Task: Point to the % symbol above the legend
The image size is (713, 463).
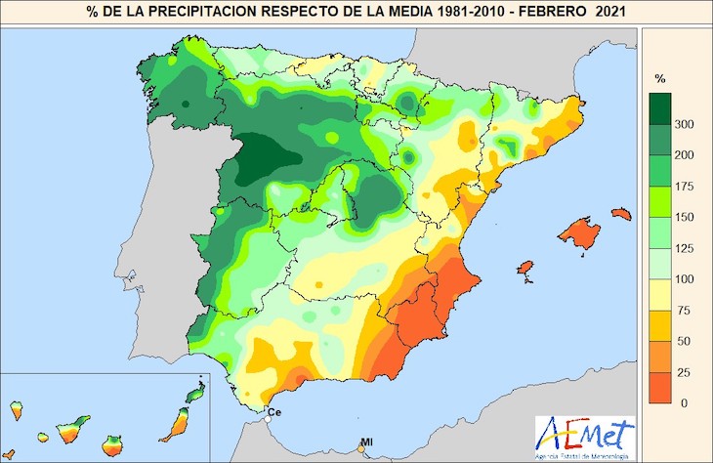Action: click(x=660, y=77)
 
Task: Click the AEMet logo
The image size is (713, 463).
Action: click(x=584, y=431)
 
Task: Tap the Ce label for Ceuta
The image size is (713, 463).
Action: click(x=274, y=413)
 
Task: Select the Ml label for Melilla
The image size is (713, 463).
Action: click(x=366, y=443)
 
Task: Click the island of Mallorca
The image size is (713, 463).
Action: click(x=580, y=233)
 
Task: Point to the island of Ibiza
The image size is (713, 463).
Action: click(x=526, y=268)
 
